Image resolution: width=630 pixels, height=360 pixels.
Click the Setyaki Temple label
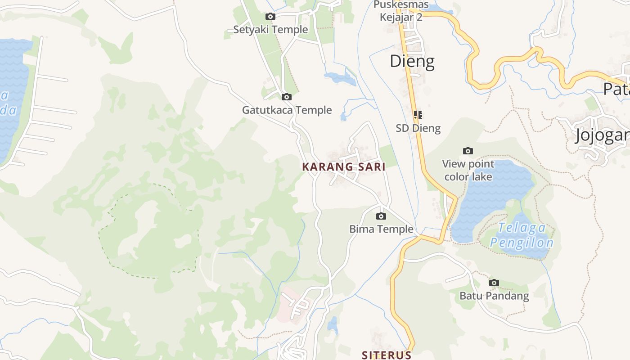tap(270, 30)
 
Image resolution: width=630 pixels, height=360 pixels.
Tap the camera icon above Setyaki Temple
tap(270, 17)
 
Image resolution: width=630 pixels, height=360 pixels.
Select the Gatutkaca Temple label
tap(287, 110)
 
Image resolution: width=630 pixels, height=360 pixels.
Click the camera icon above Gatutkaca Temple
tap(286, 97)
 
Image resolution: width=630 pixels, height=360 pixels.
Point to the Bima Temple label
tap(381, 229)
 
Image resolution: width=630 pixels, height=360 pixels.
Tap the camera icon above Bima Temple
tap(381, 216)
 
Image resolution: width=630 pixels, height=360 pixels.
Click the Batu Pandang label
tap(494, 296)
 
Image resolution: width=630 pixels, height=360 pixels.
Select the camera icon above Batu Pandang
tap(494, 283)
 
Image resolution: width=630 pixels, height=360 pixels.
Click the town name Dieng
tap(412, 61)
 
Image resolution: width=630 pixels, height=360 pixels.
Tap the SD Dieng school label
tap(418, 128)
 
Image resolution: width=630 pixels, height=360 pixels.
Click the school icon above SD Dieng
tap(418, 115)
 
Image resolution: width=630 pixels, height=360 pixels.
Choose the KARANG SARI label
tap(344, 167)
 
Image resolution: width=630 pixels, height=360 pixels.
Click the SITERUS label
tap(387, 355)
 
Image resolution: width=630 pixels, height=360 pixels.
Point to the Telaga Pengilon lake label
tap(522, 236)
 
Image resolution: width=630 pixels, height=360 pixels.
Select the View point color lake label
tap(468, 170)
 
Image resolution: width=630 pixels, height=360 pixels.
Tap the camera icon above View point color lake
tap(468, 151)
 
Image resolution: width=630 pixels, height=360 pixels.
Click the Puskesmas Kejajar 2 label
tap(401, 11)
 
